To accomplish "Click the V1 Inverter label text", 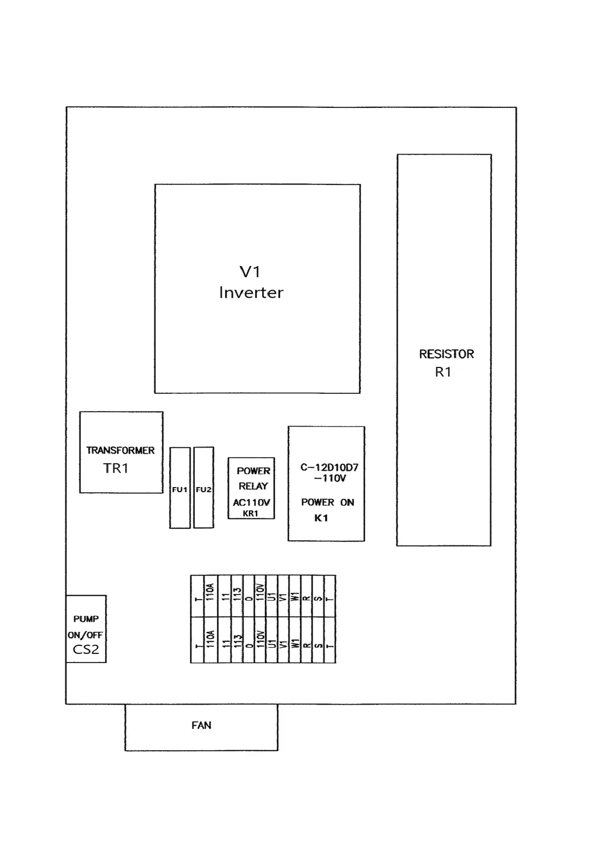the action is click(251, 282).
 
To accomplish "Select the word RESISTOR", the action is click(446, 354).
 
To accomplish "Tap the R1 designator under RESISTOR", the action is click(443, 373).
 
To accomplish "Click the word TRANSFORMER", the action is click(120, 450).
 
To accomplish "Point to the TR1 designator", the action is click(116, 468).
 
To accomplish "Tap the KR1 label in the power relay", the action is click(250, 513).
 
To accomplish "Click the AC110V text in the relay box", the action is click(251, 502).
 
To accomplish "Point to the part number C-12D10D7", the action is click(329, 467).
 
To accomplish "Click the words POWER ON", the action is click(327, 502).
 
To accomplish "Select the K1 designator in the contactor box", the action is click(321, 518).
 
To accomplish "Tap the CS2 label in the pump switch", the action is click(85, 650).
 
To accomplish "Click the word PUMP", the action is click(86, 619).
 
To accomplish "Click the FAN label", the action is click(201, 725).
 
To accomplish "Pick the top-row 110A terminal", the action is click(210, 593).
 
